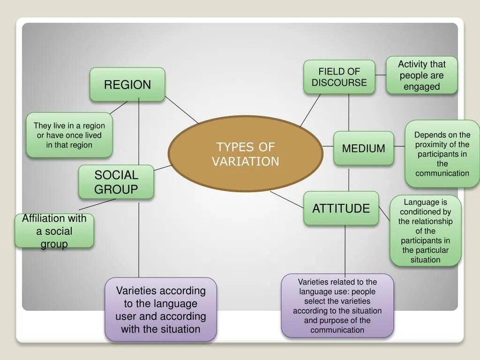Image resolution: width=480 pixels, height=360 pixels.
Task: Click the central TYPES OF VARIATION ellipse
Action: click(x=245, y=154)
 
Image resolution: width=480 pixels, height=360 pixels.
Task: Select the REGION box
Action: click(x=127, y=84)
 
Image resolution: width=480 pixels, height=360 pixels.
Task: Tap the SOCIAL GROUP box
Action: click(x=116, y=182)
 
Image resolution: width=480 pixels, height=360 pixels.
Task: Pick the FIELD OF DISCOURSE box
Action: click(x=339, y=77)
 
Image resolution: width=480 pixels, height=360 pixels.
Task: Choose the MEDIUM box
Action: click(x=363, y=148)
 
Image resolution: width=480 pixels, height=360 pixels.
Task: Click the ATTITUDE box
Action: click(x=341, y=208)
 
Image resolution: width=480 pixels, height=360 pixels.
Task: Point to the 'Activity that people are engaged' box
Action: click(x=421, y=75)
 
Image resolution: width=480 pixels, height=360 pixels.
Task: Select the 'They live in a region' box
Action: click(x=69, y=135)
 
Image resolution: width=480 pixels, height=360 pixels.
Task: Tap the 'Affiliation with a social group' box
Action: click(x=54, y=231)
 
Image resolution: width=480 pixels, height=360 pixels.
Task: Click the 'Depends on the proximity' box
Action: click(x=442, y=154)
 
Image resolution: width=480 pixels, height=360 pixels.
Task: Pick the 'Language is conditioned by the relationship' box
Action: click(x=426, y=231)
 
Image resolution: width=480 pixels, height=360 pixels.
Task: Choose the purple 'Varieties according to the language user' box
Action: click(x=161, y=309)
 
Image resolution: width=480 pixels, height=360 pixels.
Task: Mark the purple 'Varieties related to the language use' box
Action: click(x=337, y=306)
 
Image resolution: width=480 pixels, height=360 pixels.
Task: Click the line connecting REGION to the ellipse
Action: click(x=182, y=110)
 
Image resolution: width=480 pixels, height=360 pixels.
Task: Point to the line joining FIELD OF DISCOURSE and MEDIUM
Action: click(x=349, y=112)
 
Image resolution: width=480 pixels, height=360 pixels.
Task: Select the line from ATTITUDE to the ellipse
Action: click(x=287, y=199)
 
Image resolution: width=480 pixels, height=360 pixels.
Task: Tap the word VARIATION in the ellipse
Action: click(x=245, y=162)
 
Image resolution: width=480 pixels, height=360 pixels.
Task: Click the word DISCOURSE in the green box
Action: click(x=339, y=82)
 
